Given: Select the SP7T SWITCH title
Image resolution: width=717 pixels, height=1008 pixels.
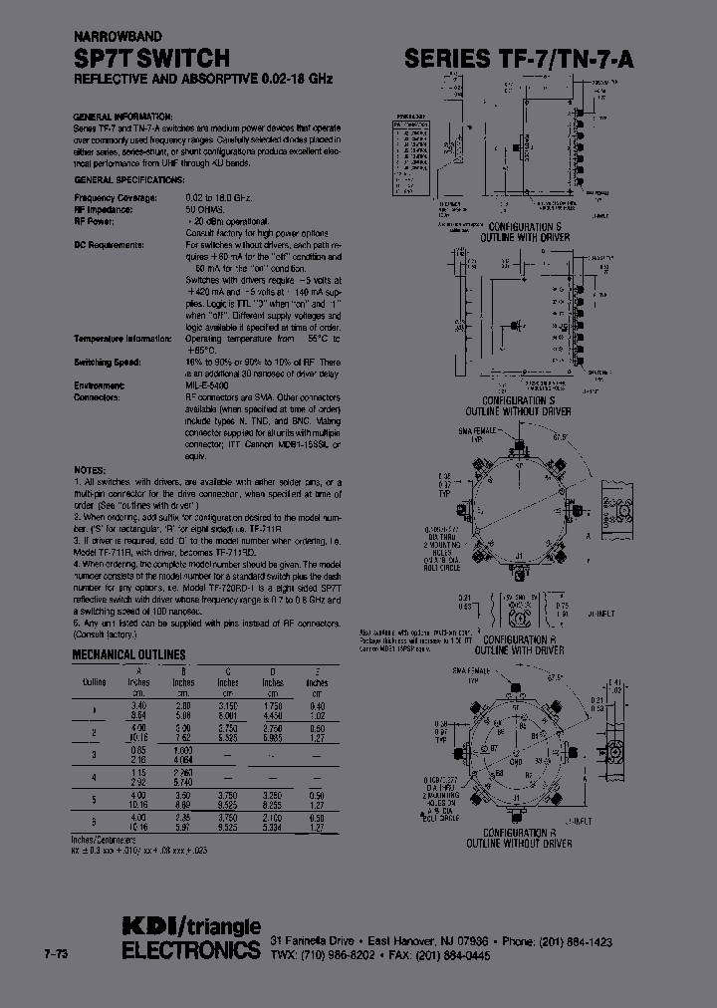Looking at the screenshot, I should point(152,59).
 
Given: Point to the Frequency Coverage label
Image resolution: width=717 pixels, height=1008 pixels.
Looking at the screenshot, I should point(116,198).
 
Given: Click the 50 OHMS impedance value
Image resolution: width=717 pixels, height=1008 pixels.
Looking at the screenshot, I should point(204,211).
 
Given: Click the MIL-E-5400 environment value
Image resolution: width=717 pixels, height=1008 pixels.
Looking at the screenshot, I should point(207,384).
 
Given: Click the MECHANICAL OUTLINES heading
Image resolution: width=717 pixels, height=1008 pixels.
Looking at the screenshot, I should point(128,654).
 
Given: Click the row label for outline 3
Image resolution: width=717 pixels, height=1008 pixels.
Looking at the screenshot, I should point(93,749).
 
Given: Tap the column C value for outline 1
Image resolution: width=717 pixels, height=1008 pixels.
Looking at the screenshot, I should point(228,708).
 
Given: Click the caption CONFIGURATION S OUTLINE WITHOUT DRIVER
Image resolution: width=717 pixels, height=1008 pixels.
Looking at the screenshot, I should point(517,406).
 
